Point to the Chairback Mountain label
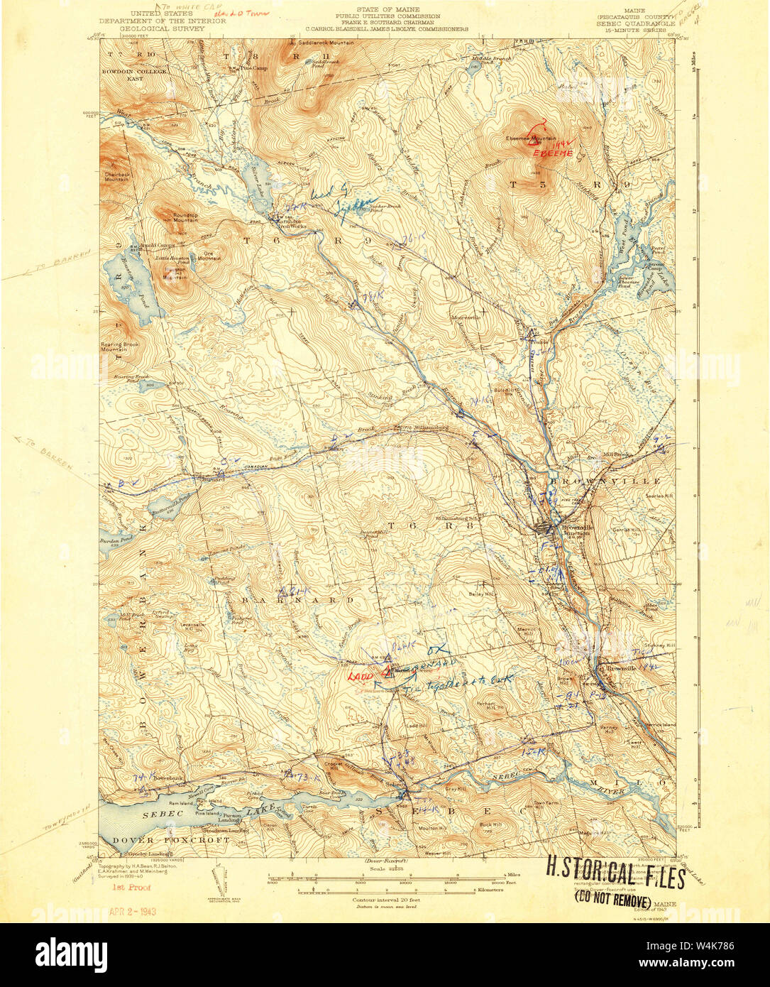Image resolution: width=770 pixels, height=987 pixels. pyautogui.click(x=115, y=176)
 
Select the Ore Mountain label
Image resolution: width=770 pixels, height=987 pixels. pyautogui.click(x=209, y=256)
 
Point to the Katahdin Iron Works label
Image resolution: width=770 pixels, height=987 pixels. pyautogui.click(x=290, y=223)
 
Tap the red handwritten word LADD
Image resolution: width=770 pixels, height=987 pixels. pyautogui.click(x=360, y=676)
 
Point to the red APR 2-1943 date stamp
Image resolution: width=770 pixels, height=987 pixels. pyautogui.click(x=133, y=911)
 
